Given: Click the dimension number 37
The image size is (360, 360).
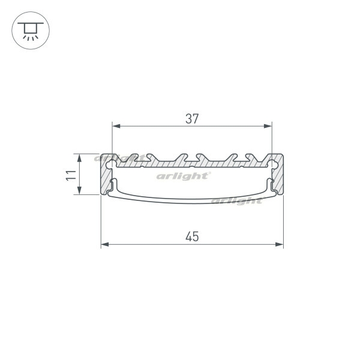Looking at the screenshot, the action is coord(192,119).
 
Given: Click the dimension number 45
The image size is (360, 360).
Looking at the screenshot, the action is coord(192,237).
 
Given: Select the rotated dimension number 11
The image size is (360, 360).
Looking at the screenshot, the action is coord(71,175).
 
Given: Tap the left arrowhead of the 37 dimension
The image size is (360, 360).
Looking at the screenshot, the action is coord(116,126).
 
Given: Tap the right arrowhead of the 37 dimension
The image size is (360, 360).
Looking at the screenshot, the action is coord(268,126).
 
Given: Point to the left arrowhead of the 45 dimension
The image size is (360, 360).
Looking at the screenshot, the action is coord(105,244).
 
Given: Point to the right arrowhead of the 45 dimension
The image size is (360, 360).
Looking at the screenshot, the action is coord(280,244).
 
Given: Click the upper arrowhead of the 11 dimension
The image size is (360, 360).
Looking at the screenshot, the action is coord(79,158).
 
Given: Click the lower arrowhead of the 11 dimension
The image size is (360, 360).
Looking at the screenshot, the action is coord(79,190).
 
